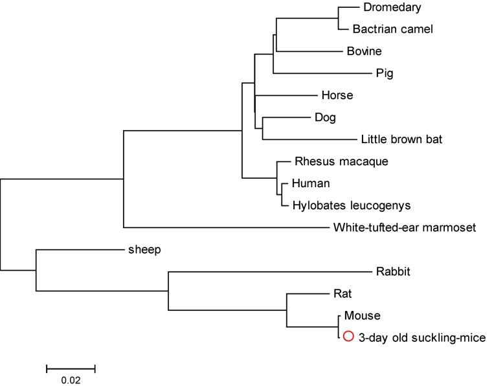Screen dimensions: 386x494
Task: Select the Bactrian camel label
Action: [392, 28]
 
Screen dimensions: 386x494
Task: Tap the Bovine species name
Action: [364, 51]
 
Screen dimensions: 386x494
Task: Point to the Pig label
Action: [384, 73]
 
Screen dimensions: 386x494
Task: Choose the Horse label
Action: [337, 95]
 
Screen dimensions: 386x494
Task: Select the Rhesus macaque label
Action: [332, 161]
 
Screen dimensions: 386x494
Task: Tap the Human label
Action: [311, 183]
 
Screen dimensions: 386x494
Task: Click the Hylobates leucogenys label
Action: [351, 205]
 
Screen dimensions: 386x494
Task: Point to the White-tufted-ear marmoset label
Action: [405, 227]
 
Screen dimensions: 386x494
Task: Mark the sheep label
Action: [144, 249]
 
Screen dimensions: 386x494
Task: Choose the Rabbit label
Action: [393, 271]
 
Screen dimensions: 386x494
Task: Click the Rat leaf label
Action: [342, 293]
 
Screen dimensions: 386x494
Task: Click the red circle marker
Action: [348, 337]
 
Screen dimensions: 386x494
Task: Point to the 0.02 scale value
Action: [71, 380]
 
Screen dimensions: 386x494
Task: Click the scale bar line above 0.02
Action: [71, 369]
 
